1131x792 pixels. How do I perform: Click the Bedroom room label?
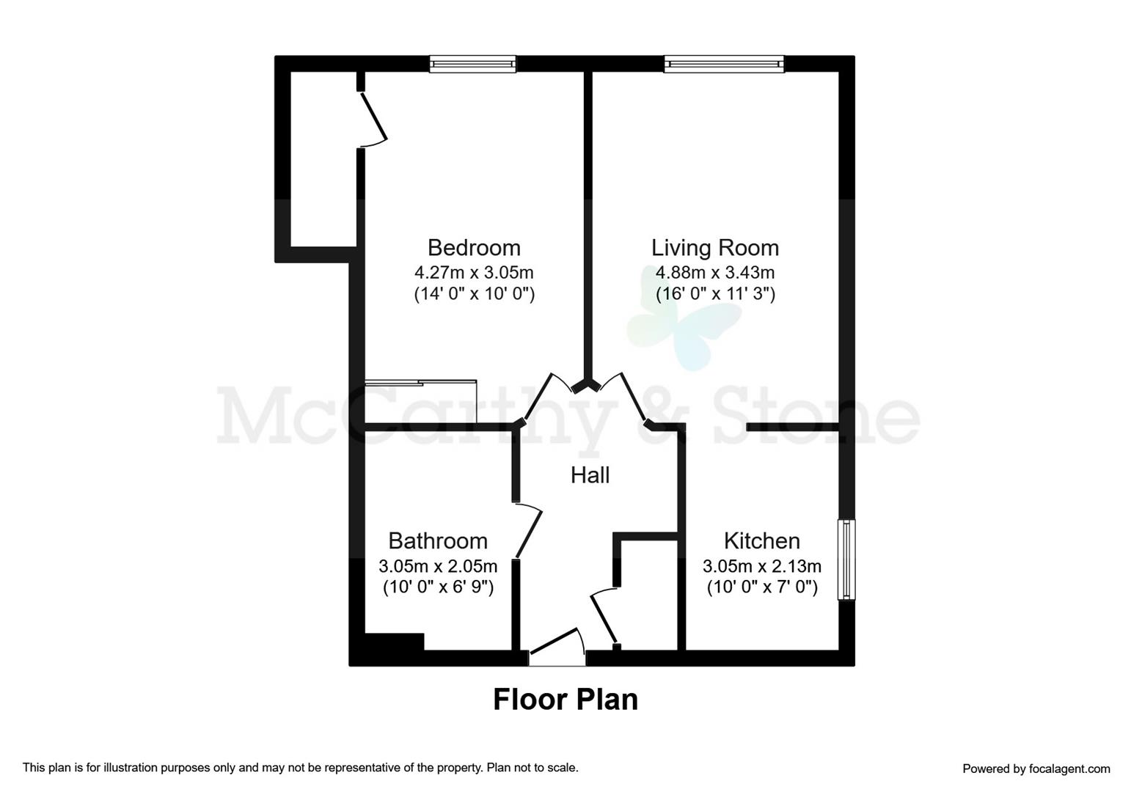tap(474, 248)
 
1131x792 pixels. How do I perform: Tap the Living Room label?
tap(715, 248)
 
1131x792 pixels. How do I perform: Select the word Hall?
tap(590, 475)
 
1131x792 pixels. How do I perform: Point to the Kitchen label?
tap(762, 541)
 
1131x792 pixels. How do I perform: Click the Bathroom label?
tap(438, 541)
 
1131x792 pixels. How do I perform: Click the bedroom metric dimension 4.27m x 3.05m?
tap(474, 273)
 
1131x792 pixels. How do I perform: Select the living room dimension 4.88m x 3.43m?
tap(715, 273)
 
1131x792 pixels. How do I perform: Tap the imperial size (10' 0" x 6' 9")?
tap(438, 587)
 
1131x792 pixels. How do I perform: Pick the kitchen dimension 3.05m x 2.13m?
tap(762, 566)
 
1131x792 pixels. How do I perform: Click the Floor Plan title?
tap(565, 700)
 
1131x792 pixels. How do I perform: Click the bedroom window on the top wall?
tap(472, 64)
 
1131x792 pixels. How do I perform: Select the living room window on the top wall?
tap(724, 64)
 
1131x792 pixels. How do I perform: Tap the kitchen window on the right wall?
tap(846, 560)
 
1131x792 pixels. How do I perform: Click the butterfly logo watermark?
tap(684, 320)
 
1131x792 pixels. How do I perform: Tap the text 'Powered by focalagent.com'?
tap(1036, 769)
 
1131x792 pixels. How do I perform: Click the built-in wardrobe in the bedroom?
tap(421, 401)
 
